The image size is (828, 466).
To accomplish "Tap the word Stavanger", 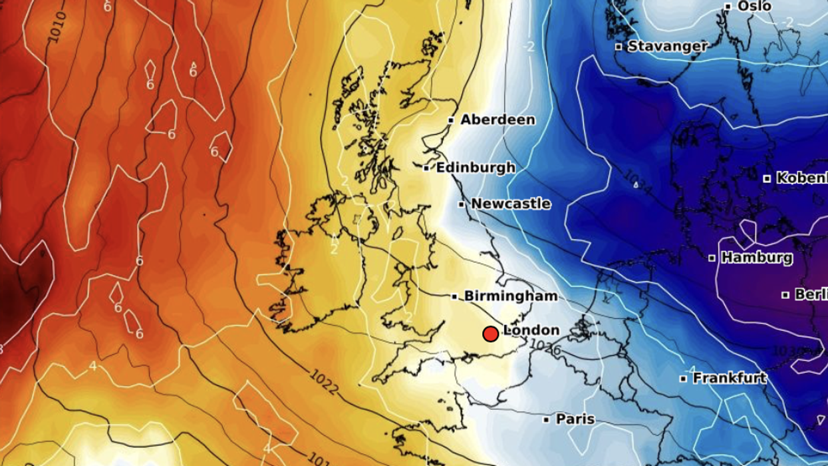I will point(667,47).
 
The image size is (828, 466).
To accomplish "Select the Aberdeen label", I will point(497,120).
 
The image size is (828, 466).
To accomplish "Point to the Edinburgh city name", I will point(475,168).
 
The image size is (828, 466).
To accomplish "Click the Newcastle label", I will point(511,204).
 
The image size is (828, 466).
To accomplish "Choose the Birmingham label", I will point(511,296).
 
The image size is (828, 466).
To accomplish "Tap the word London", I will point(531,330).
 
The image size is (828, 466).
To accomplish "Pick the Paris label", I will point(575,419).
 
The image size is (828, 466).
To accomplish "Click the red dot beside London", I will point(491,334).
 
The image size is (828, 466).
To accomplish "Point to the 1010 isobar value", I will point(58,27).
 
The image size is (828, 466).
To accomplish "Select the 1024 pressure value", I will point(637,181).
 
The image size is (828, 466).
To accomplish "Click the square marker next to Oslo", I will point(728,7).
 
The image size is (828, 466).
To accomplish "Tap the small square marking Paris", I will point(546,420).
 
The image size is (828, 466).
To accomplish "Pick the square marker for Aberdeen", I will point(451,120).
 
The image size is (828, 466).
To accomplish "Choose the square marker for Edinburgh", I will point(426,168).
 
